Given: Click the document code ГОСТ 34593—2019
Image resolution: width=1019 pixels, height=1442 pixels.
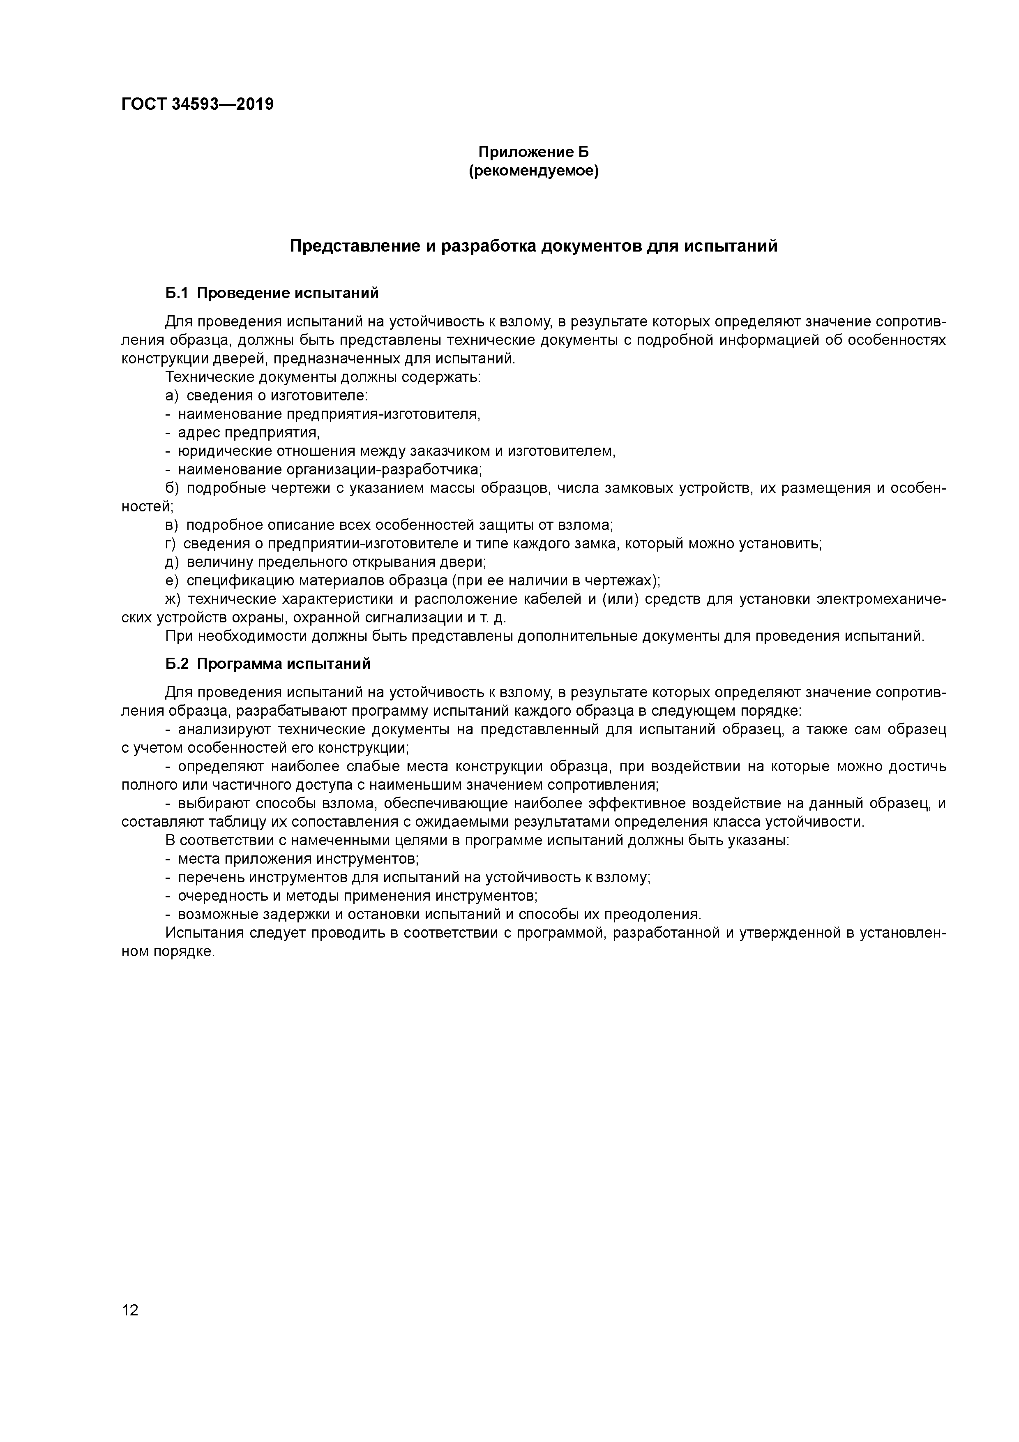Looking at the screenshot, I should point(197,104).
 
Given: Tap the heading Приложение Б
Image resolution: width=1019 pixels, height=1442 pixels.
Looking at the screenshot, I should point(534,152).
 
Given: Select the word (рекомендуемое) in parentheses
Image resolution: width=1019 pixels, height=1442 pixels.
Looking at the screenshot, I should point(534,171).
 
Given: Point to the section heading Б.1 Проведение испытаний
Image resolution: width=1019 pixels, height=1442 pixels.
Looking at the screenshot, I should point(272,293).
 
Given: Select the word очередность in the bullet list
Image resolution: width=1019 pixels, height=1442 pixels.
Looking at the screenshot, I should point(217,896).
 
